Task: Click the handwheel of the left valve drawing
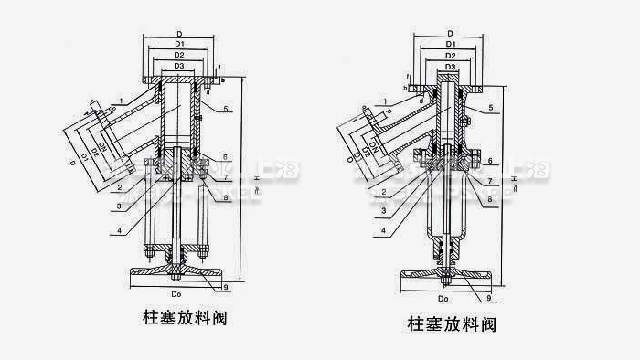(x=179, y=272)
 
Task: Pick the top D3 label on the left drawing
(x=179, y=68)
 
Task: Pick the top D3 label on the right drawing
(x=450, y=67)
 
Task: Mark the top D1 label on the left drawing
(x=179, y=44)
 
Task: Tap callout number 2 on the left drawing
(x=119, y=188)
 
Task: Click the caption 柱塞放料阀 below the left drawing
(x=179, y=319)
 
